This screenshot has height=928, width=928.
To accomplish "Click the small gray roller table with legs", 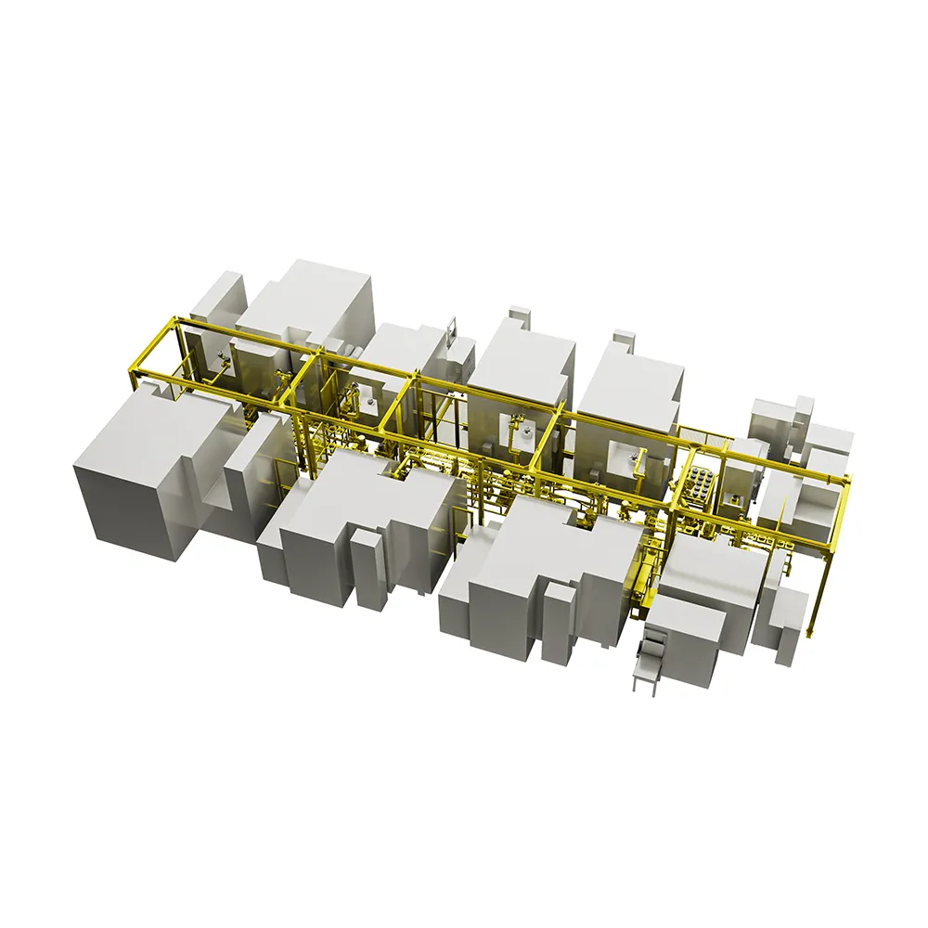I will [x=643, y=664].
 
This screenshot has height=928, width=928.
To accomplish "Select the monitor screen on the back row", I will [x=452, y=328].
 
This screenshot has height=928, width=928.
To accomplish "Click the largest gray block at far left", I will [x=139, y=473].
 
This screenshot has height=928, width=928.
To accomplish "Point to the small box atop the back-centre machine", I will [x=519, y=316].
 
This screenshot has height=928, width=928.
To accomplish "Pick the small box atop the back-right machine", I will [x=625, y=339].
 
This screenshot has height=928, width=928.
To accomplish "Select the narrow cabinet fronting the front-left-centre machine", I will [x=370, y=569].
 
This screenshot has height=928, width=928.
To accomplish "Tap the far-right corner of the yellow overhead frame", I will [x=845, y=479].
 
